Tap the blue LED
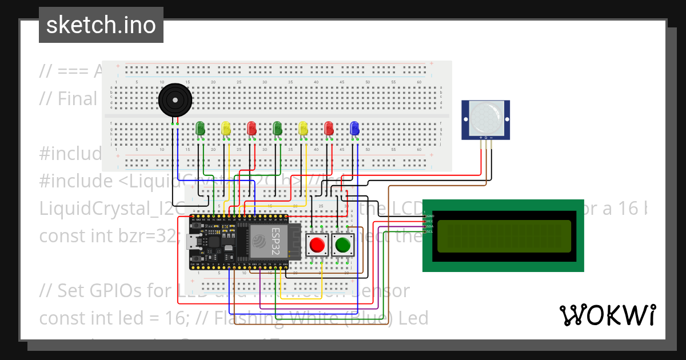point(354,128)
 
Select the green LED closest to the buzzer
point(201,129)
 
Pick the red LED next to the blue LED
point(329,128)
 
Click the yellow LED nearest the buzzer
point(226,128)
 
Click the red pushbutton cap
point(316,246)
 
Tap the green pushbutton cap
point(343,246)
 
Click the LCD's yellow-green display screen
point(504,236)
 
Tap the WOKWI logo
point(607,315)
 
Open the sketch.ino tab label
point(101,25)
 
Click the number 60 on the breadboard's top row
point(419,83)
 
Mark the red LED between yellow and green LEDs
point(251,128)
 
